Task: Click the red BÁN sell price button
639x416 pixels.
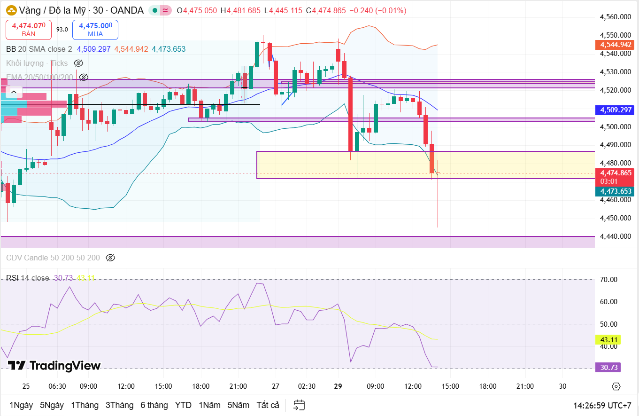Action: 29,30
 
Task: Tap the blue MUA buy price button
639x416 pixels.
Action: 95,30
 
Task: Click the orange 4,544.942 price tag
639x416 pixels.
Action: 615,45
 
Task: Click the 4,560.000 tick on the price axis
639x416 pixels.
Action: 615,17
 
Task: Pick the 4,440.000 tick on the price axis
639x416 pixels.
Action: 615,236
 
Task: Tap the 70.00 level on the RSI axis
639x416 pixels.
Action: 608,280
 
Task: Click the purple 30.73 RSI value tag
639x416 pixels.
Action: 608,367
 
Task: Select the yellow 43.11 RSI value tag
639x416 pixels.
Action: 608,339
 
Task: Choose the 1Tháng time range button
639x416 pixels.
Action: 85,405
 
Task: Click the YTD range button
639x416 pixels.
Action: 183,405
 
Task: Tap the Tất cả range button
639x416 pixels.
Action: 268,405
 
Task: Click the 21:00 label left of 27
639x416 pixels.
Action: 238,386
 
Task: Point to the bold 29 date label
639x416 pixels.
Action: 338,386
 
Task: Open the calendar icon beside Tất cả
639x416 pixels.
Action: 299,405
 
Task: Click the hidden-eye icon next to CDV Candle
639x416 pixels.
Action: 110,258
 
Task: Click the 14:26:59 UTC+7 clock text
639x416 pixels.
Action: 602,405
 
